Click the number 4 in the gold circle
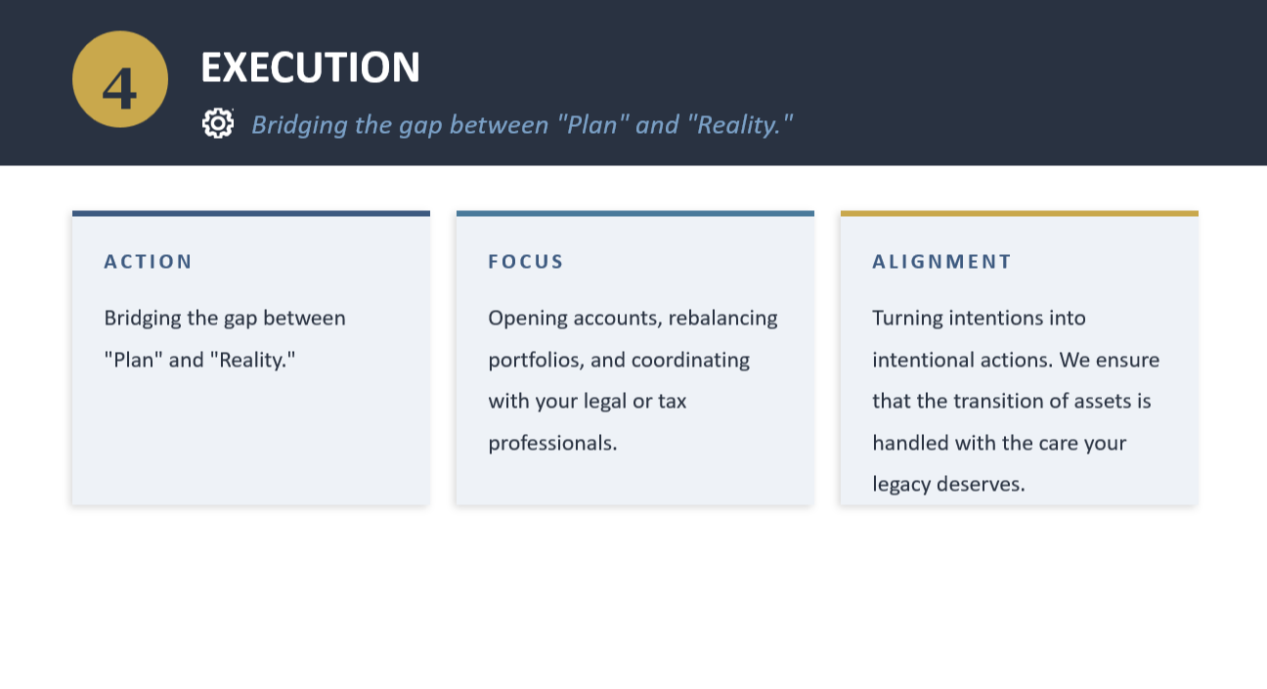click(119, 88)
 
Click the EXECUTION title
click(310, 67)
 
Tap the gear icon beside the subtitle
click(218, 123)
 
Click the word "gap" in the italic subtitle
click(420, 125)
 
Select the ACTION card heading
click(149, 262)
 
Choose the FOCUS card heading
click(525, 262)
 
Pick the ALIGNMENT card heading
click(941, 262)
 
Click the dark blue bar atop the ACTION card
click(251, 214)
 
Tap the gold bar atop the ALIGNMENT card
click(1020, 214)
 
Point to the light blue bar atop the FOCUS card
click(635, 214)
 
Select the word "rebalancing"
click(722, 319)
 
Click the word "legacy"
click(901, 485)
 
